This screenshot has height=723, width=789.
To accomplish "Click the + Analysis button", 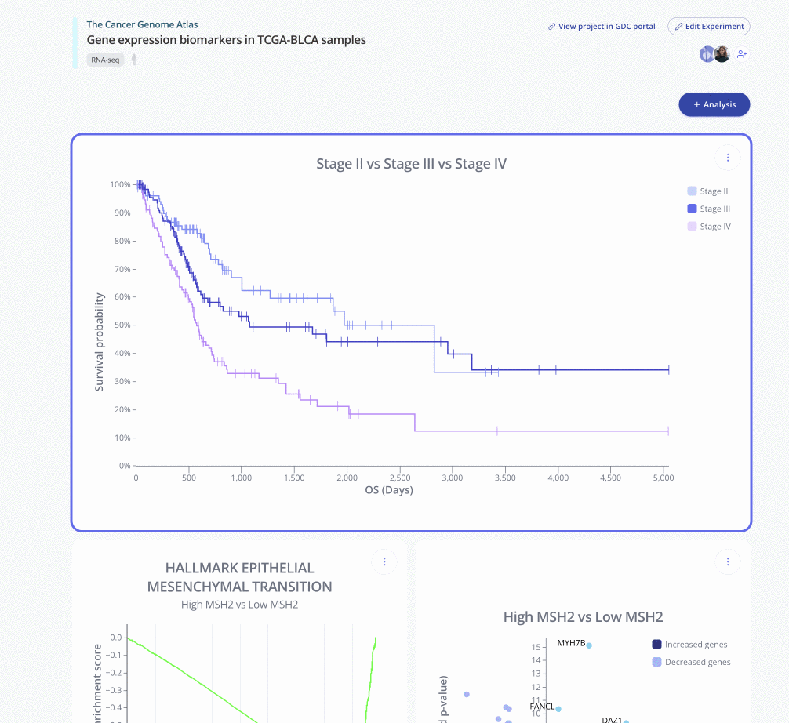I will point(714,105).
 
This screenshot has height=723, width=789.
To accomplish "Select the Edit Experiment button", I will point(709,27).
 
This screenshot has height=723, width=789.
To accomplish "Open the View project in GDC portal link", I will point(602,27).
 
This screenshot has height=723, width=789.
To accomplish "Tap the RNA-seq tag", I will point(105,60).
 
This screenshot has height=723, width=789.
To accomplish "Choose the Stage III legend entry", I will point(709,209).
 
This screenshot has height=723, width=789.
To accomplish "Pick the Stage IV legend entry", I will point(709,227).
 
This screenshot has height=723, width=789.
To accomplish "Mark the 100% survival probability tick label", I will point(120,185).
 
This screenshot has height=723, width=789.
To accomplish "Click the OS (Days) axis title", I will point(389,490).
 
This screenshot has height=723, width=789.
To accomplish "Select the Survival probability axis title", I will point(100,342).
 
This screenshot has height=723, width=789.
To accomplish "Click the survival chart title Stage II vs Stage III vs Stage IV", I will point(411,164).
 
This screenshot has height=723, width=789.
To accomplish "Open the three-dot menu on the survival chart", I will point(728,158).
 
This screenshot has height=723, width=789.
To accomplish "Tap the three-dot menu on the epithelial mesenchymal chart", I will point(384,561).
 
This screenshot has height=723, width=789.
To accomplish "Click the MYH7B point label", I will point(571,643).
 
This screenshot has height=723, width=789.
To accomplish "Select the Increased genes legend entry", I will point(689,645).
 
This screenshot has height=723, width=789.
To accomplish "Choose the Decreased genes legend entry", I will point(691,663).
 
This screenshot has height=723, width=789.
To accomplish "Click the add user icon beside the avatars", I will point(742,54).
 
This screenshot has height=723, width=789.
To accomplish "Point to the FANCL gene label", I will point(542,707).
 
